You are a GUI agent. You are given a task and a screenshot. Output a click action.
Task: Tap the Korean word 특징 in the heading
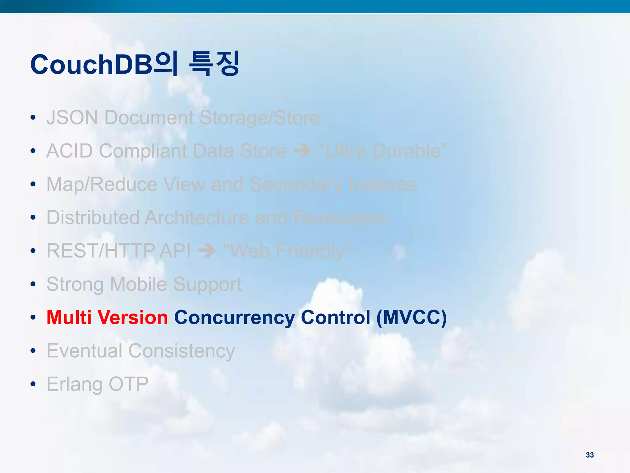(x=214, y=64)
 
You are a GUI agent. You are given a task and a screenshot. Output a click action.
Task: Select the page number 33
(x=589, y=455)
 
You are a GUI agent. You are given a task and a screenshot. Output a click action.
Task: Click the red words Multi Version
(x=107, y=317)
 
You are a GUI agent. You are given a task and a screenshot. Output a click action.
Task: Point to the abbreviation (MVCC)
(x=412, y=317)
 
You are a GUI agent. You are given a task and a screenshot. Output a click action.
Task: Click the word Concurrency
(x=234, y=318)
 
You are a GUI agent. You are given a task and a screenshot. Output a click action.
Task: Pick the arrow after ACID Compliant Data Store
(x=302, y=151)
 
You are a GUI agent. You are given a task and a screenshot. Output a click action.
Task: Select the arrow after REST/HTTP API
(x=207, y=251)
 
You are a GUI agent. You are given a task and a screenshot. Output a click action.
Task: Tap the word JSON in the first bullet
(x=72, y=118)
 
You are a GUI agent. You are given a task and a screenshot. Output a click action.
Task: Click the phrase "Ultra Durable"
(x=383, y=151)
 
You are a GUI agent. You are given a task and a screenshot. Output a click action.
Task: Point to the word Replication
(x=341, y=218)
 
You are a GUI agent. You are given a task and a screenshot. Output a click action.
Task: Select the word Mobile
(x=138, y=284)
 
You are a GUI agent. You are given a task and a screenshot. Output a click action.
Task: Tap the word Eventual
(x=84, y=351)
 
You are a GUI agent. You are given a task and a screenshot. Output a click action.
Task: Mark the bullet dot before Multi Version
(x=33, y=317)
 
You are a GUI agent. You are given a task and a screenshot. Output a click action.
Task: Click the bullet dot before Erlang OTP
(x=33, y=384)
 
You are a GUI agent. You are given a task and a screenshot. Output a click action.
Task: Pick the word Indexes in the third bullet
(x=383, y=184)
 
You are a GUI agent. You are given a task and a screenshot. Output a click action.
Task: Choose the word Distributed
(x=93, y=218)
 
